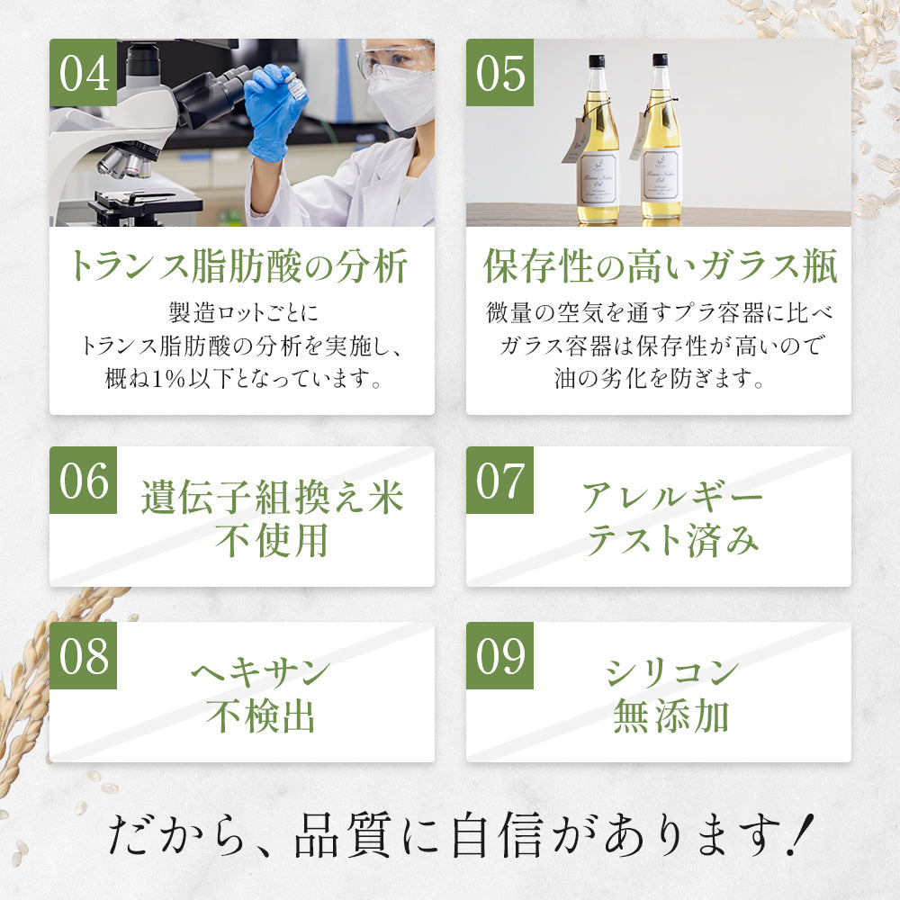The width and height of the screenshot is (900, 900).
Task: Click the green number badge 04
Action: pos(83,73)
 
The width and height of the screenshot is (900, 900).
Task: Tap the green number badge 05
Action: pos(499,73)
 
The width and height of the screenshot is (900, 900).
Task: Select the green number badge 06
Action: pos(83,481)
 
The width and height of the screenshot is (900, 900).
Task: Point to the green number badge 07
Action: pos(499,481)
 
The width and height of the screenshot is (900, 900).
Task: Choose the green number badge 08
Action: pos(83,656)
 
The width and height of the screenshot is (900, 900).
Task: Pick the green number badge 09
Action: pos(499,656)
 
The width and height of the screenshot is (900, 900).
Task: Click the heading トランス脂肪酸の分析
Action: pos(241,267)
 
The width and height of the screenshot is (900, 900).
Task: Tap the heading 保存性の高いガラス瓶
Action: pos(659,267)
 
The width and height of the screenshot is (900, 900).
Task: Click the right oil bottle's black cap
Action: pos(660,60)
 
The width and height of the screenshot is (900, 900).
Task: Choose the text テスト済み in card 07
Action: pos(672,541)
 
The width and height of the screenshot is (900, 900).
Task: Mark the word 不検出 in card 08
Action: pos(260,715)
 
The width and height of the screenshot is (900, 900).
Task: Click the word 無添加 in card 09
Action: pos(670,715)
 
